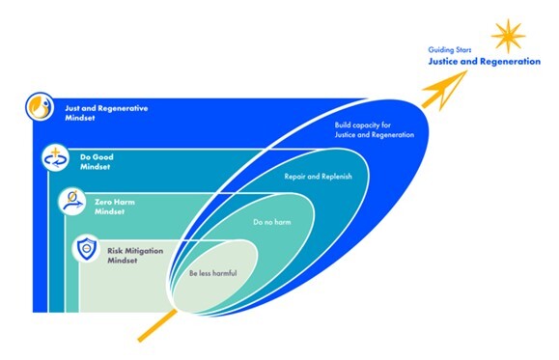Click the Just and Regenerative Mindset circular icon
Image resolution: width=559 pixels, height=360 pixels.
click(x=40, y=105)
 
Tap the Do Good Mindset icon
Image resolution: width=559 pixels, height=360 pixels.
click(x=55, y=158)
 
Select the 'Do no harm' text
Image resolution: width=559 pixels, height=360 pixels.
click(x=271, y=223)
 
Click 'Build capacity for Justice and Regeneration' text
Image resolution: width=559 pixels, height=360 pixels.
click(x=368, y=130)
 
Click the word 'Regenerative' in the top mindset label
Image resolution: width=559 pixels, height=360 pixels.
click(x=122, y=106)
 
